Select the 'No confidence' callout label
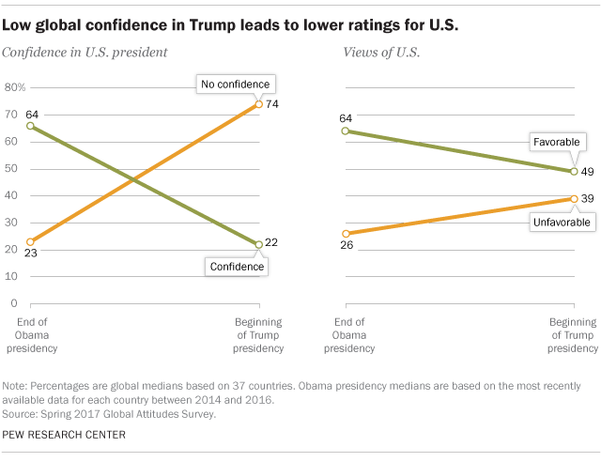(x=234, y=85)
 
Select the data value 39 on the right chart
(x=589, y=198)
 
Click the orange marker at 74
(x=259, y=104)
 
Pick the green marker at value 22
(x=259, y=244)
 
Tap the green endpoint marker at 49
(x=573, y=171)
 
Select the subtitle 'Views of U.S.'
(x=374, y=54)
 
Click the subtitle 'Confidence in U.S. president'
(x=85, y=54)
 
